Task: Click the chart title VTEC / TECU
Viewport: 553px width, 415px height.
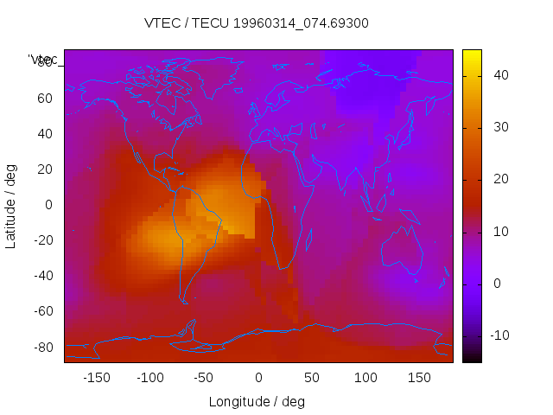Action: click(x=256, y=23)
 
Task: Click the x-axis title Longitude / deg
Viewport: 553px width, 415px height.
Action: click(x=257, y=401)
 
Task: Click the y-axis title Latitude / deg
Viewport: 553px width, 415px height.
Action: click(x=11, y=206)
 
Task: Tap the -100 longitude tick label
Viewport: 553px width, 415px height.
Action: click(x=149, y=377)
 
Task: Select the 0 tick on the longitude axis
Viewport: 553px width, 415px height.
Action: click(x=258, y=377)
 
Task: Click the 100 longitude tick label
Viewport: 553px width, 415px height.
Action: click(x=365, y=377)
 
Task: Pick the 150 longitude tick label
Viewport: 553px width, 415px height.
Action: click(x=419, y=377)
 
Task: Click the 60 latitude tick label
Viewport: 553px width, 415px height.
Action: click(x=44, y=98)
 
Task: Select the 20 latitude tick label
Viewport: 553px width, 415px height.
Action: click(x=44, y=169)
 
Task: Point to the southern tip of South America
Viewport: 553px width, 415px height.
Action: click(x=184, y=300)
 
